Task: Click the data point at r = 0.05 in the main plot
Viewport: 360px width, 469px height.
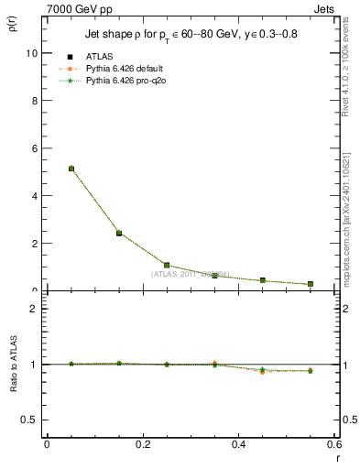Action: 71,169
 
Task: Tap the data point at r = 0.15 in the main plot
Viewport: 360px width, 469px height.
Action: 119,234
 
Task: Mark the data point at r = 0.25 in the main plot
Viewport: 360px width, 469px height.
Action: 167,265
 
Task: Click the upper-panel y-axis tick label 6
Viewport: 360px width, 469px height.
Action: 34,148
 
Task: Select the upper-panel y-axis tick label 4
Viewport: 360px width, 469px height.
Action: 34,196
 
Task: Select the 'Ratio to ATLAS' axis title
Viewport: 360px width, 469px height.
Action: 10,364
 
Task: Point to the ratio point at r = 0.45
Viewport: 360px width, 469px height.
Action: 263,370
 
